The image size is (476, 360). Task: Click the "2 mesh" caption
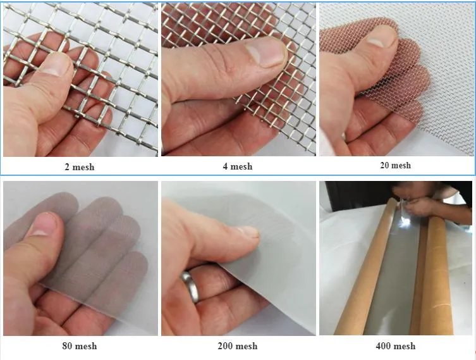pos(79,167)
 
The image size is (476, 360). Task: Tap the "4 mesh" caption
pos(238,166)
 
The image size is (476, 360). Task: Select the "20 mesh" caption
pos(395,165)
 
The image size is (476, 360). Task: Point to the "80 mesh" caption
pos(80,345)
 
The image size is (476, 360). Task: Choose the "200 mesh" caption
pos(238,345)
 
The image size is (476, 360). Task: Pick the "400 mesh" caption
pos(396,345)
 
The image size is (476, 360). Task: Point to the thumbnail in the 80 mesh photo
pos(41,225)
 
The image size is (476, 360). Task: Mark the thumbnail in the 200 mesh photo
pos(248,232)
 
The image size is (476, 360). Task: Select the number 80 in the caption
pos(68,345)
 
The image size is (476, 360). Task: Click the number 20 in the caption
pos(386,165)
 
